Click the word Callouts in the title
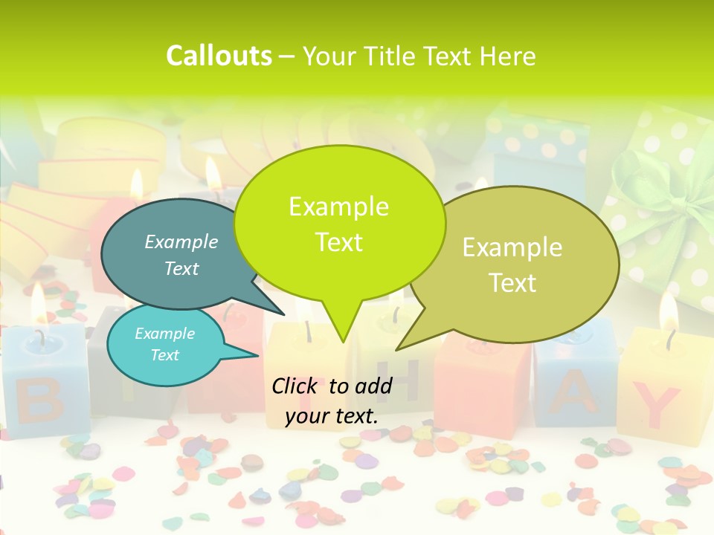coord(219,56)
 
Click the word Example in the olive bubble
coord(512,247)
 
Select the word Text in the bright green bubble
coord(339,242)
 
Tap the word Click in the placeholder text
coord(295,386)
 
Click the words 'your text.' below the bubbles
coord(332,416)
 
